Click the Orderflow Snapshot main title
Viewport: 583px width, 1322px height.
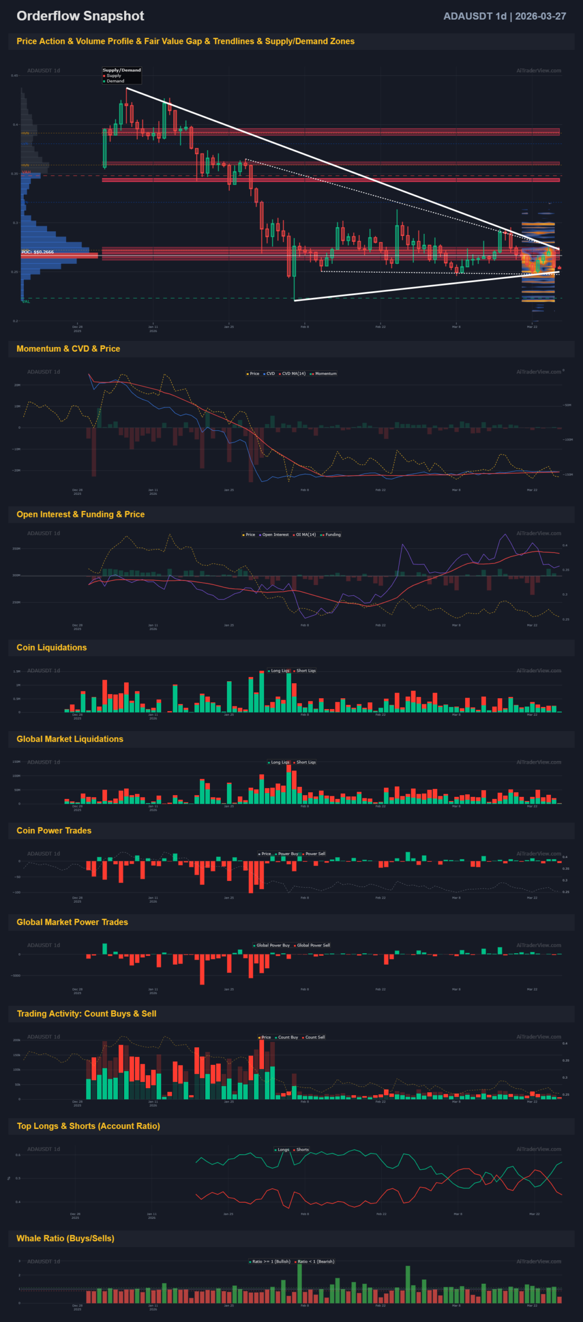(80, 16)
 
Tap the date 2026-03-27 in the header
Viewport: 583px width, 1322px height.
(540, 16)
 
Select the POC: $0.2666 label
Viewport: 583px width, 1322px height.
(38, 252)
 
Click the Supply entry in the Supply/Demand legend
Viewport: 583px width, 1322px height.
(114, 75)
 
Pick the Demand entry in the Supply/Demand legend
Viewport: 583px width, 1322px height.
(115, 81)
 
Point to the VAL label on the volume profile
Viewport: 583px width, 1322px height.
(26, 302)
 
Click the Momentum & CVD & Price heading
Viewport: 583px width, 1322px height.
(68, 349)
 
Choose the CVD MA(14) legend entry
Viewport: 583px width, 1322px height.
(294, 373)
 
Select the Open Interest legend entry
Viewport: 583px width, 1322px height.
(275, 534)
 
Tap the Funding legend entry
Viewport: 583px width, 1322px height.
(333, 534)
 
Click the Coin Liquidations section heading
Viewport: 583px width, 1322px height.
(52, 648)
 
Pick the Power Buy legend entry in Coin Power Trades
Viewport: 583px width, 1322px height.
(288, 854)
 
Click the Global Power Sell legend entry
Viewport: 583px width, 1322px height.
(313, 945)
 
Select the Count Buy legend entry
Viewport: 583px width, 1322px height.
(288, 1037)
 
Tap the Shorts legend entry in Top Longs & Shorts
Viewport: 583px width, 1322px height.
(302, 1150)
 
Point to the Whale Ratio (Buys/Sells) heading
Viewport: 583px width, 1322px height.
(66, 1238)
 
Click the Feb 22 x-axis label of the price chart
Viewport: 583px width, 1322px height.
(380, 327)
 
